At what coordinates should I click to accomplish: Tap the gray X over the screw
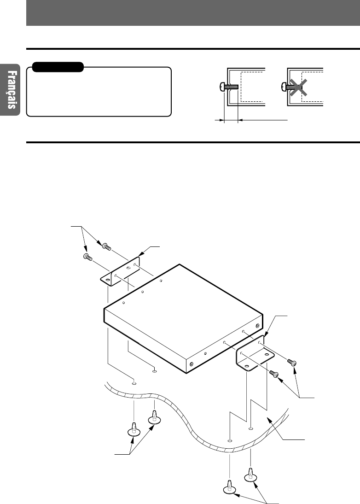tap(298, 86)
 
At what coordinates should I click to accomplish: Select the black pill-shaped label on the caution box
tap(56, 67)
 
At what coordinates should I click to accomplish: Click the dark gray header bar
tap(193, 13)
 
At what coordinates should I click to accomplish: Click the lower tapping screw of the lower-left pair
tap(133, 430)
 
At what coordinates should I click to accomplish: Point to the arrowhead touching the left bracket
tap(142, 252)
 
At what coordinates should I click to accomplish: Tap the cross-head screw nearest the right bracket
tap(274, 374)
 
